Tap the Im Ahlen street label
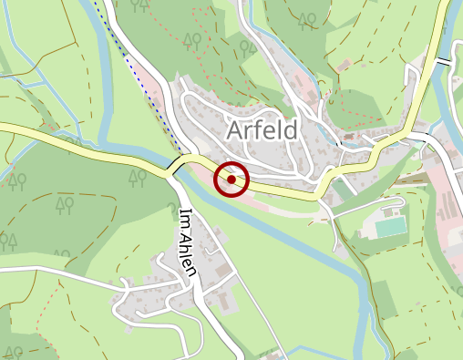coord(189,247)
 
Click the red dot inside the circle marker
coord(231,180)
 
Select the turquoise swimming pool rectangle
coord(390,224)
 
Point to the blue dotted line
coord(137,73)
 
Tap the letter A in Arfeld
coord(232,130)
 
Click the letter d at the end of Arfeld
coord(290,130)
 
